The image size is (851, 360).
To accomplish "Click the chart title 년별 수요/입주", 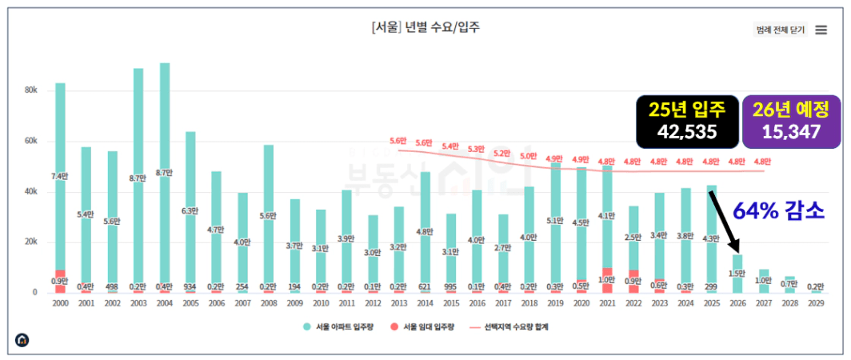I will click(x=425, y=26).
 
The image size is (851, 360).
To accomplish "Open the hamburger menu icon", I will click(x=821, y=30).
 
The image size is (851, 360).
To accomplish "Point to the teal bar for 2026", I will click(x=737, y=274).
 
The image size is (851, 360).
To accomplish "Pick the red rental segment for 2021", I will click(x=608, y=280).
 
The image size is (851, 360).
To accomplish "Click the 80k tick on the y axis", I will click(x=30, y=90).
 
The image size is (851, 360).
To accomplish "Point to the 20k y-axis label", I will click(x=30, y=242).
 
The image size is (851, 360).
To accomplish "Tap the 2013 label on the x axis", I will click(x=399, y=304).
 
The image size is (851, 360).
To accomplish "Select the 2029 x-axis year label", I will click(x=815, y=304).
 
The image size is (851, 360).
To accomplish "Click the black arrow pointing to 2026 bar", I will click(x=725, y=220).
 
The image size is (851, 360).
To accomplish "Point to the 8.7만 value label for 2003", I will click(x=138, y=178).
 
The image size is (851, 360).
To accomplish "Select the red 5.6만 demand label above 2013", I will click(x=399, y=141).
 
